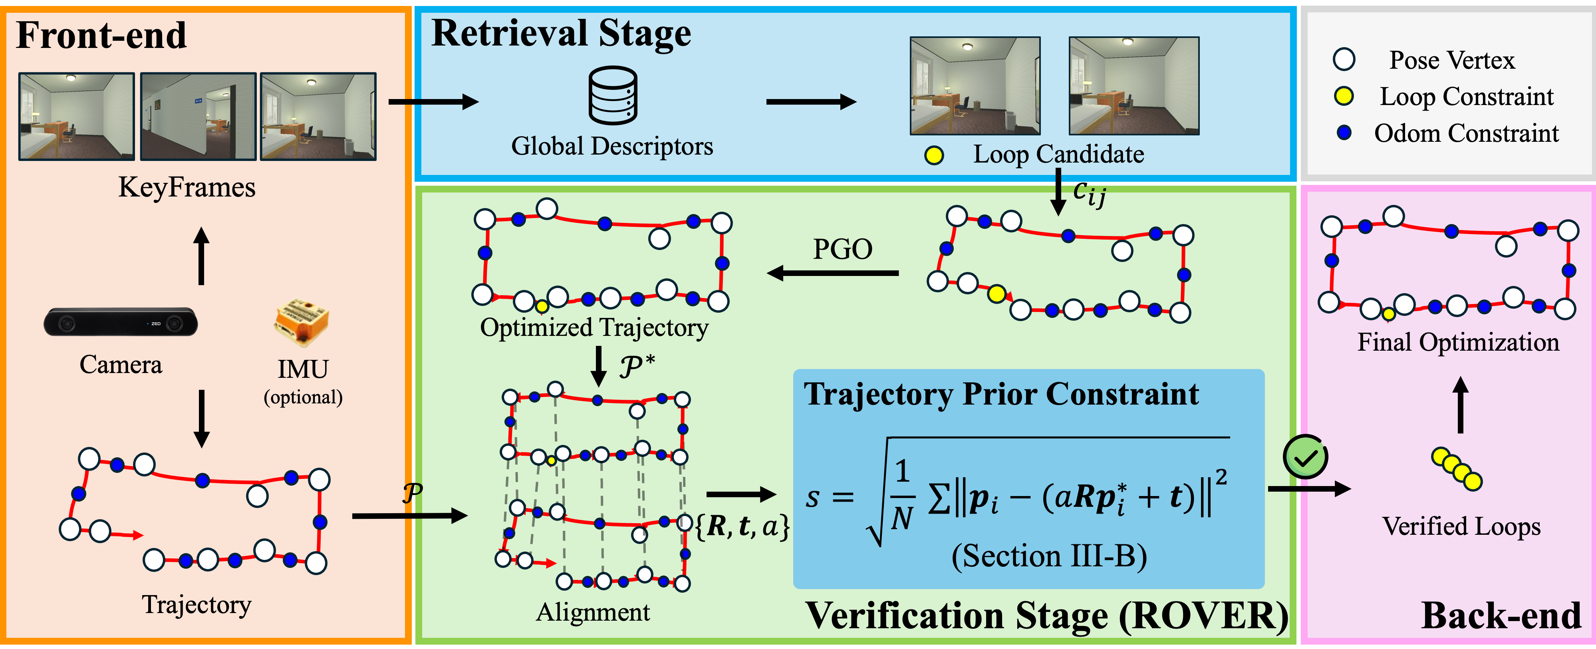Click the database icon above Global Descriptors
[612, 95]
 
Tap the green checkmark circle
[1305, 457]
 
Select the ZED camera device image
[121, 322]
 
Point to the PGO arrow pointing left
[833, 272]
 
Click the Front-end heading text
[101, 35]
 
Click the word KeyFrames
[187, 187]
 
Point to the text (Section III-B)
[1049, 556]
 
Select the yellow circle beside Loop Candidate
[934, 155]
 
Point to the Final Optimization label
[1458, 342]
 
